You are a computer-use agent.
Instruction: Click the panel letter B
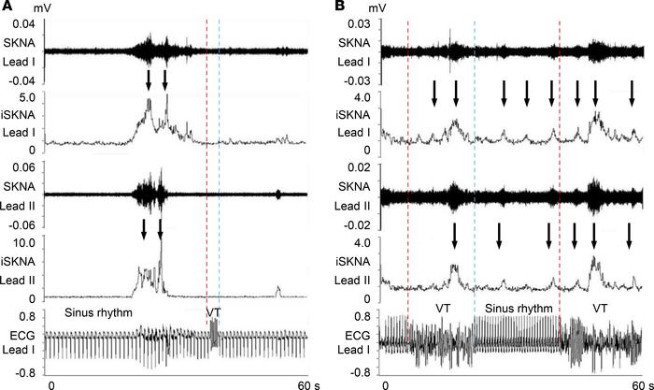pyautogui.click(x=339, y=8)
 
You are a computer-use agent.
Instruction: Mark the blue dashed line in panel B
pyautogui.click(x=475, y=187)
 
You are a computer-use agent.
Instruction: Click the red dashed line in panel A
pyautogui.click(x=206, y=187)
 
